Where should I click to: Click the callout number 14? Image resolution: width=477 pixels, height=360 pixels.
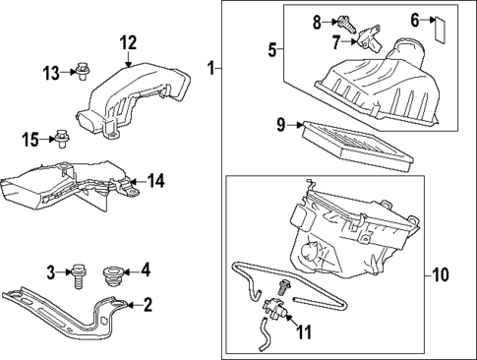[x=156, y=180]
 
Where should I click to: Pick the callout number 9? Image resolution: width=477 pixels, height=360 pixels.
[x=281, y=125]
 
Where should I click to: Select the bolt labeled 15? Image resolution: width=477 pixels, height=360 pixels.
[x=61, y=139]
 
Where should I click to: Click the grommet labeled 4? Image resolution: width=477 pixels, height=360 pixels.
[x=111, y=270]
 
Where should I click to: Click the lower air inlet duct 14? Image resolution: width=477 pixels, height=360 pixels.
[x=69, y=184]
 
